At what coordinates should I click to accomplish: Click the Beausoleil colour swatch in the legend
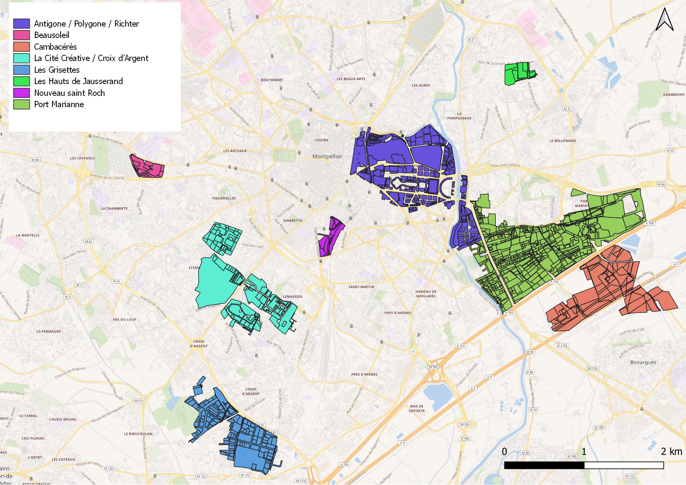[x=22, y=35]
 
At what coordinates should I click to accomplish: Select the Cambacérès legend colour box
[x=22, y=47]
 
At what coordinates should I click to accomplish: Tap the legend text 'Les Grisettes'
[x=57, y=70]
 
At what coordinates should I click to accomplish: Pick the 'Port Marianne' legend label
[x=59, y=104]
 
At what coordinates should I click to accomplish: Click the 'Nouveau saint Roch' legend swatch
[x=22, y=93]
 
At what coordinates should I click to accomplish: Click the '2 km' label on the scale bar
[x=672, y=451]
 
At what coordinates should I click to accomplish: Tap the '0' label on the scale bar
[x=504, y=451]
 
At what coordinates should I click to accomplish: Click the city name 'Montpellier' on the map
[x=327, y=156]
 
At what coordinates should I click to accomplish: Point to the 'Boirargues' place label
[x=643, y=362]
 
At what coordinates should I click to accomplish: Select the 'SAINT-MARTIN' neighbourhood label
[x=361, y=287]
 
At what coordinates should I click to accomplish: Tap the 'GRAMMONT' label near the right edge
[x=674, y=94]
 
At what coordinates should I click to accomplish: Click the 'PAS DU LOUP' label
[x=124, y=320]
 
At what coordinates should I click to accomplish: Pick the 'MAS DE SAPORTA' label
[x=417, y=409]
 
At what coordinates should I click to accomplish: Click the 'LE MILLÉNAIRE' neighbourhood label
[x=563, y=141]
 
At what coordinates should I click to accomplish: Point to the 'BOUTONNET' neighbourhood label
[x=272, y=80]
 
